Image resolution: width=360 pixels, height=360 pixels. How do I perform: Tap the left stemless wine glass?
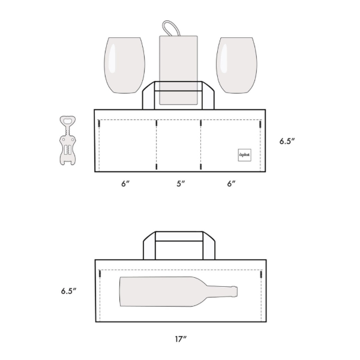coord(124,65)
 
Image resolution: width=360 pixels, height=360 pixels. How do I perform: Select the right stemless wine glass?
coord(236,65)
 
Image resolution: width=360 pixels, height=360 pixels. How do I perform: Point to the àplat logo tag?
coord(244,155)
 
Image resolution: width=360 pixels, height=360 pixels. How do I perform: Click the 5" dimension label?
coord(181,184)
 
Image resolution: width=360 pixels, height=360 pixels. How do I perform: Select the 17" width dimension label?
coord(181,339)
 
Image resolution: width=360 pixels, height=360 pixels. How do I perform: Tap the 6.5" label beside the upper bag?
coord(287,141)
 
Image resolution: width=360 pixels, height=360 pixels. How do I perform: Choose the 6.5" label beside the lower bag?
coord(68,291)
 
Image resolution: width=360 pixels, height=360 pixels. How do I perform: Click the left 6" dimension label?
coord(125,184)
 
